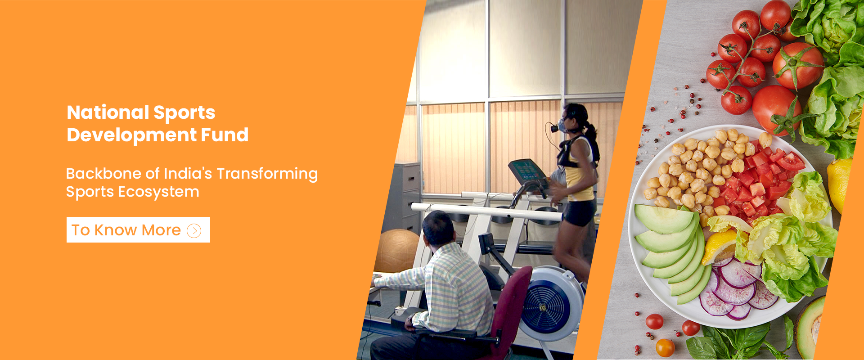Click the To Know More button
(x=138, y=230)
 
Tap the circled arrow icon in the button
(x=194, y=231)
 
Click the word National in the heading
(x=108, y=112)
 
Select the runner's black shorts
(x=580, y=212)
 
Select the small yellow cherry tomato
(x=665, y=347)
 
